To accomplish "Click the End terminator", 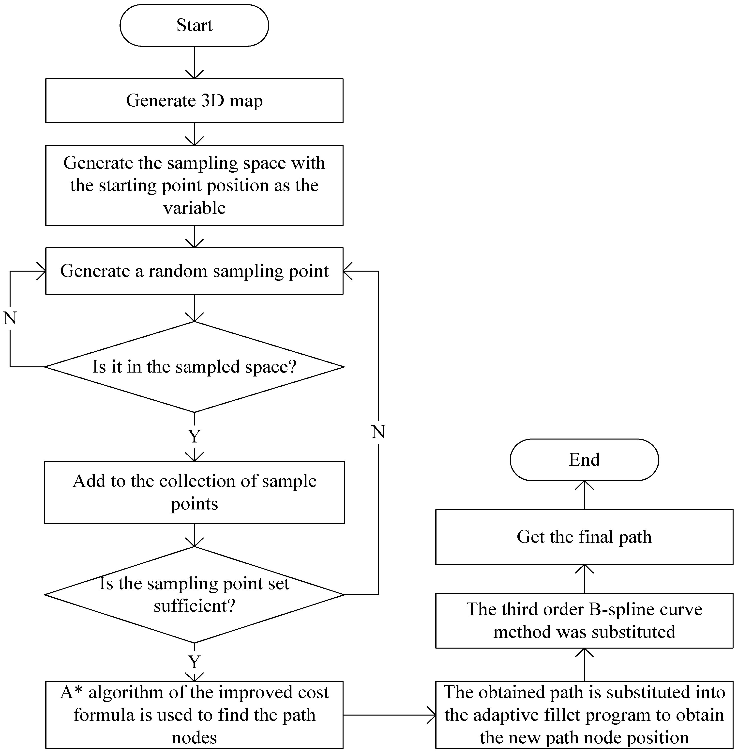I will click(x=584, y=460).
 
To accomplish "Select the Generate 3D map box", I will click(x=194, y=100).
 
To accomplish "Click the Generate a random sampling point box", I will click(x=194, y=271).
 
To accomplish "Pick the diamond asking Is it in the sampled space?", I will click(x=194, y=367).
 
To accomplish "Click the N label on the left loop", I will click(x=10, y=318).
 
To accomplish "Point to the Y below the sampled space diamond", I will click(x=194, y=436).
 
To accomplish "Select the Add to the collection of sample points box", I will click(x=194, y=492).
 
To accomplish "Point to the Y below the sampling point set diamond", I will click(x=194, y=661).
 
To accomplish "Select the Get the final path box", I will click(x=584, y=537).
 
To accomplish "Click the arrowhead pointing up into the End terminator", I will click(x=584, y=485).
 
